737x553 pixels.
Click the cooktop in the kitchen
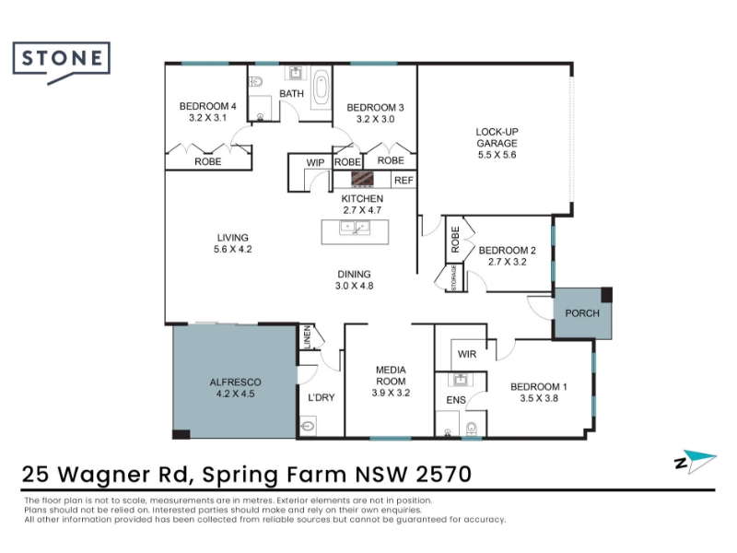[x=362, y=179]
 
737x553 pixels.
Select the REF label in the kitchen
[x=404, y=180]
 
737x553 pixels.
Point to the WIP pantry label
[x=315, y=163]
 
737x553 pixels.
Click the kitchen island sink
[x=355, y=228]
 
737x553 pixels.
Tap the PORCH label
[x=582, y=313]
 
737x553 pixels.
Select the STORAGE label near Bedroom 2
[x=454, y=278]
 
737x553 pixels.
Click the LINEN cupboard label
[x=308, y=337]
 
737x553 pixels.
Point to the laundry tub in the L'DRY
[x=308, y=426]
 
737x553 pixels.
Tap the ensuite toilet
[x=472, y=429]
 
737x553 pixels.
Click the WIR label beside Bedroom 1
[x=467, y=354]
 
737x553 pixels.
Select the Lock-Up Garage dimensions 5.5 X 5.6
[x=497, y=155]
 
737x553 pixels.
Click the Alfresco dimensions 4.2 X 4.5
[x=236, y=394]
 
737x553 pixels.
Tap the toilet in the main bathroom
[x=256, y=82]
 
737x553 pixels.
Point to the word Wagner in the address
[x=123, y=475]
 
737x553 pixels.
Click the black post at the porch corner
[x=607, y=295]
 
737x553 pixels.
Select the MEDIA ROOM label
[x=391, y=376]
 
